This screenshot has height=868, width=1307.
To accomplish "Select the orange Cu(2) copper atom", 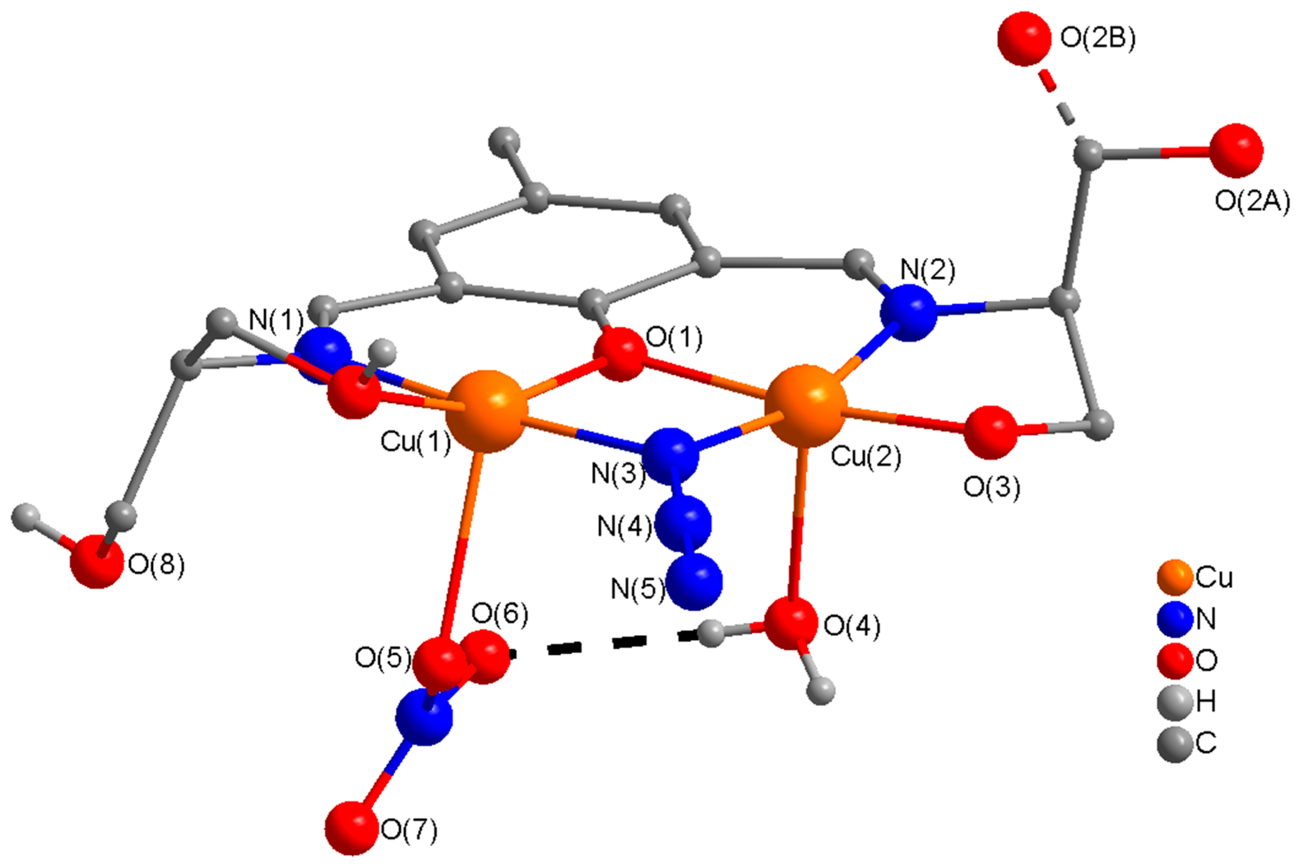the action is point(805,405).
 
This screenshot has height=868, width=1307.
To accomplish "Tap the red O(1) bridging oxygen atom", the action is point(620,354).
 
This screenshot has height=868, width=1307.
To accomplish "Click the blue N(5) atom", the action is point(695,583).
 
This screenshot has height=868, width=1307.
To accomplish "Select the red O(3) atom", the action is point(990,432).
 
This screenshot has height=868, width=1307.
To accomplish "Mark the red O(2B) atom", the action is point(1024,39).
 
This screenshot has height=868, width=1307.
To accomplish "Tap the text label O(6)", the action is point(500,613).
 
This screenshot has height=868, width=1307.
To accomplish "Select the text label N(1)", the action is point(276,320).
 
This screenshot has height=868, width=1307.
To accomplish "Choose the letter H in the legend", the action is point(1206,702).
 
